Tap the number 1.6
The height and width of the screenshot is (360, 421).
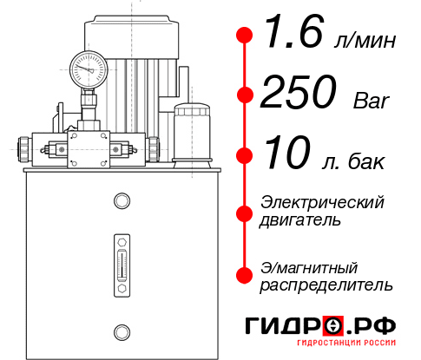pyautogui.click(x=298, y=37)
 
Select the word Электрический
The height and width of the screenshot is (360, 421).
pyautogui.click(x=322, y=202)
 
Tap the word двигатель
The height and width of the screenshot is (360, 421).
pyautogui.click(x=300, y=220)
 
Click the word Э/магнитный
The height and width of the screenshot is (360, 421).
pyautogui.click(x=309, y=266)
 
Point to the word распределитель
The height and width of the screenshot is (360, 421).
pyautogui.click(x=326, y=285)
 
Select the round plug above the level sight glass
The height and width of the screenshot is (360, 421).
pyautogui.click(x=122, y=202)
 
